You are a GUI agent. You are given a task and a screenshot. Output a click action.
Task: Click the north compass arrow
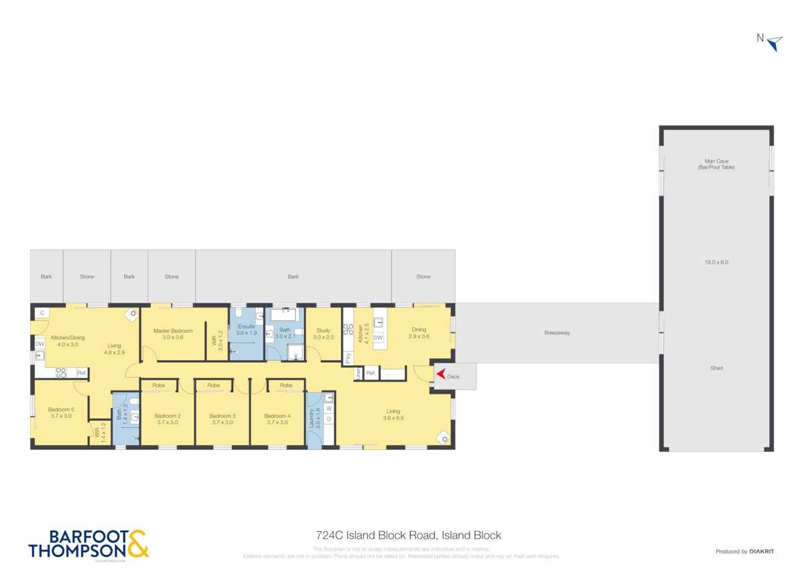click(775, 44)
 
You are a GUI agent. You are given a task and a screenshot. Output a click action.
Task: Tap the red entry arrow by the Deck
click(441, 376)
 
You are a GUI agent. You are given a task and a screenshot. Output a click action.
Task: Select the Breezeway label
click(557, 333)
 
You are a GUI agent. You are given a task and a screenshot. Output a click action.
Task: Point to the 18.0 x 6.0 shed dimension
click(716, 263)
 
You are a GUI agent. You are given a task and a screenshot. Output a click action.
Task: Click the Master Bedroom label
click(173, 331)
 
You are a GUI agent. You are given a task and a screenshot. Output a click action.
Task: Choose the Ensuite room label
click(247, 326)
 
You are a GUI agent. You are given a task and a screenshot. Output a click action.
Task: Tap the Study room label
click(323, 330)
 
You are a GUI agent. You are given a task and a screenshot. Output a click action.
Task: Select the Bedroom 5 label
click(61, 410)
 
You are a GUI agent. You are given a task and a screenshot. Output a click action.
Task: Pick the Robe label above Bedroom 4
click(286, 386)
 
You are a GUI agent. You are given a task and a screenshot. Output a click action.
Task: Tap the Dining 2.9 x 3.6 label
click(419, 333)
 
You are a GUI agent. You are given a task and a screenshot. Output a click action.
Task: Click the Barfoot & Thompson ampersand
click(137, 543)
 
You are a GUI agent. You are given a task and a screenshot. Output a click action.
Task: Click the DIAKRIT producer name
click(762, 551)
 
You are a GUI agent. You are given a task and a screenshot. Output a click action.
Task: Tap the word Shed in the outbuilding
click(716, 368)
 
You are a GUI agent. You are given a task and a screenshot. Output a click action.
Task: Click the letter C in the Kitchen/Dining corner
click(42, 313)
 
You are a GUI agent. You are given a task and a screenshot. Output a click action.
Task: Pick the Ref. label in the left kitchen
click(82, 373)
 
